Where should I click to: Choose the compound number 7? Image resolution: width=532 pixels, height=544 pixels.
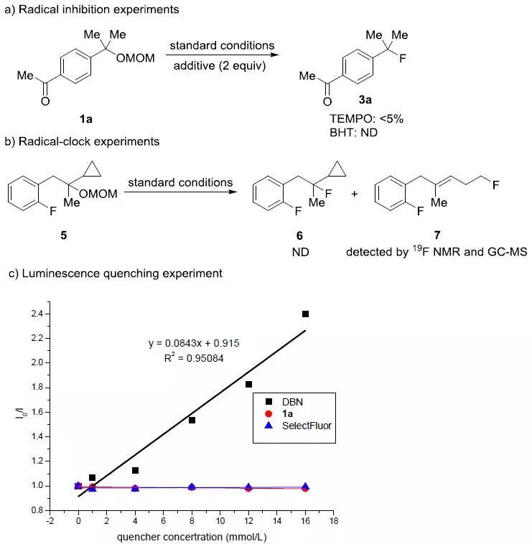click(437, 235)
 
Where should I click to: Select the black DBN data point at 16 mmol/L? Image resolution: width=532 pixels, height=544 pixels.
click(305, 314)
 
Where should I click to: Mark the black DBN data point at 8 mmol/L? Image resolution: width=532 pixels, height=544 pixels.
click(192, 420)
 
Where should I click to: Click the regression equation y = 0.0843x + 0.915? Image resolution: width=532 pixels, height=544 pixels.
click(194, 343)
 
